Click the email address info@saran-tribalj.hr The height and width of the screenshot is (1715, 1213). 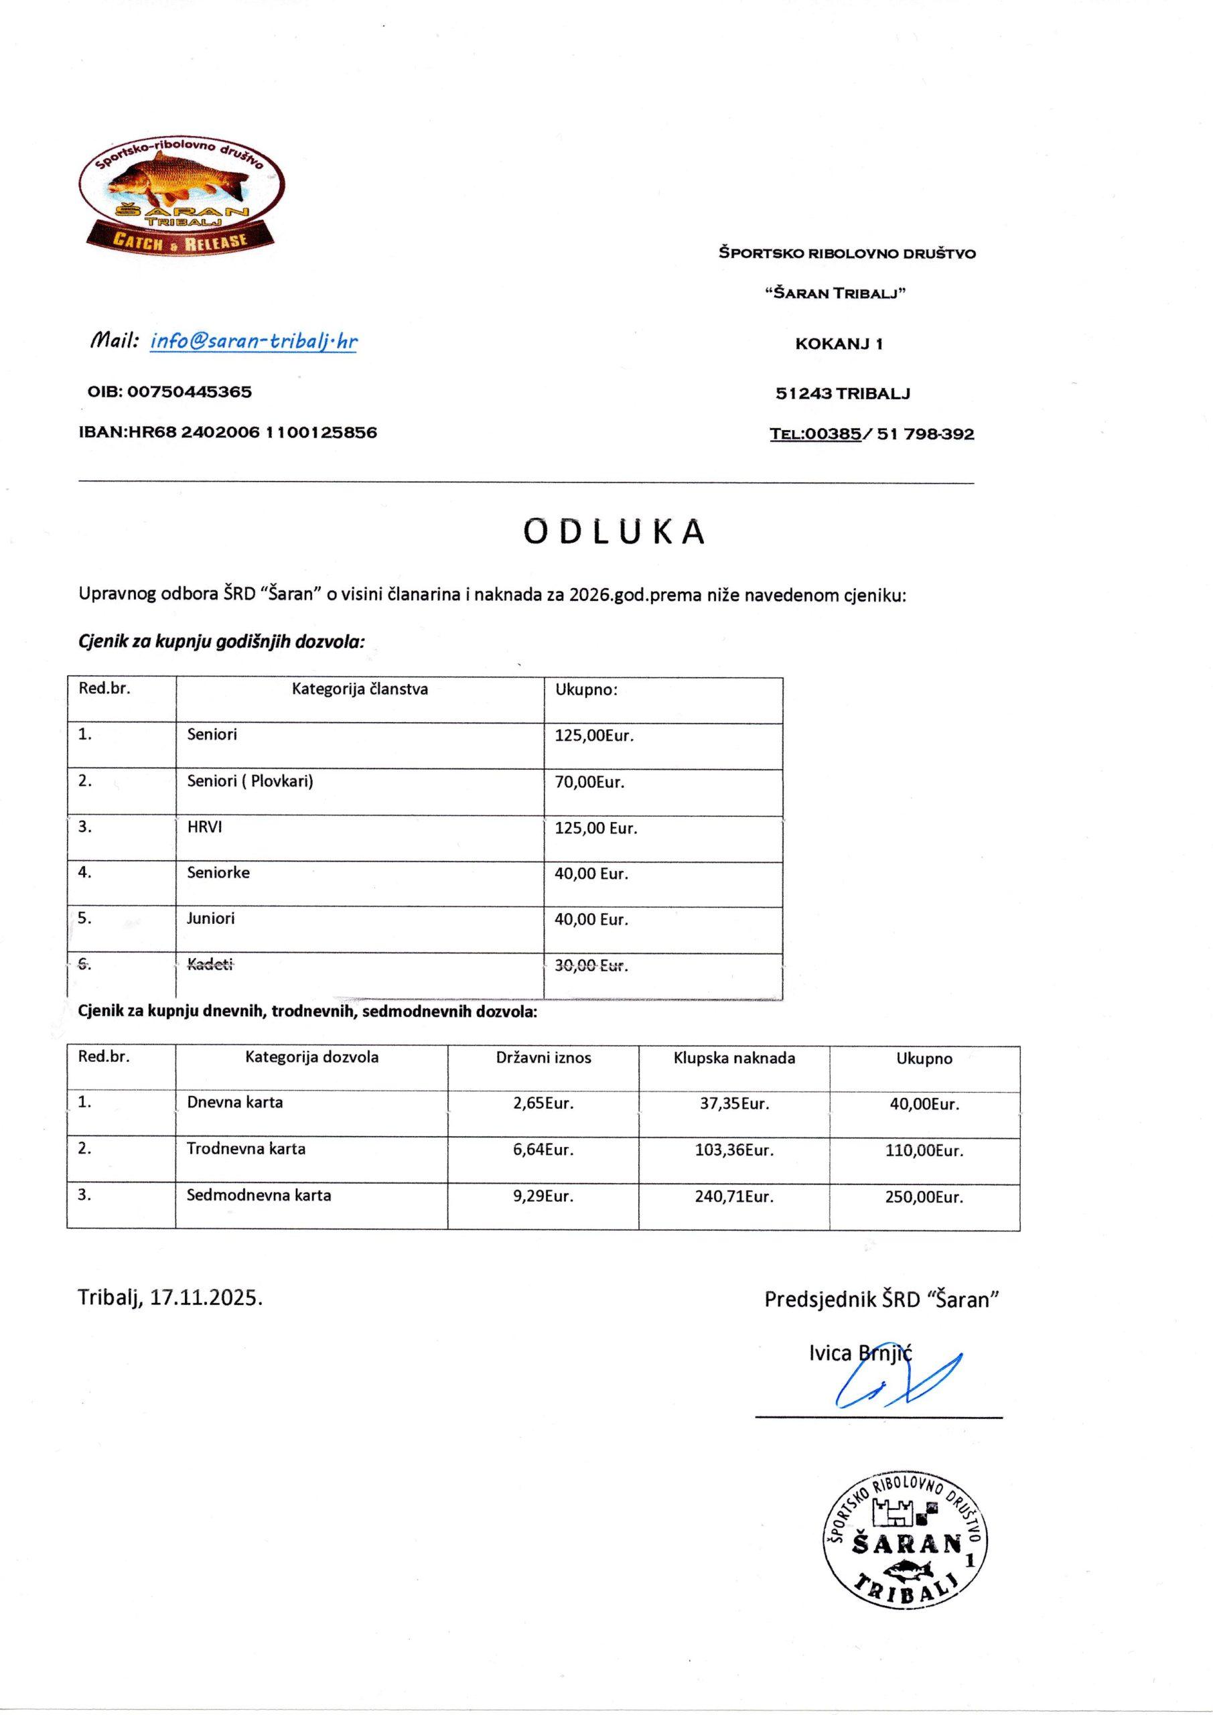point(253,342)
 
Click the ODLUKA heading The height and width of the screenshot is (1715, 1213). point(614,531)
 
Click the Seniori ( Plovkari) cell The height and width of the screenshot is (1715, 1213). point(249,781)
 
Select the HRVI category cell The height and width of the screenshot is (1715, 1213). point(205,827)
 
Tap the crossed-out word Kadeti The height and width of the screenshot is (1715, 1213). point(210,965)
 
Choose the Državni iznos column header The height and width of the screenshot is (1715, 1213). point(543,1058)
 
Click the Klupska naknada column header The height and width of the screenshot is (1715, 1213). point(733,1058)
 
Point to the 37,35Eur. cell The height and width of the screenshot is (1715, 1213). point(733,1103)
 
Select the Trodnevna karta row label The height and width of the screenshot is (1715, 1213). point(246,1149)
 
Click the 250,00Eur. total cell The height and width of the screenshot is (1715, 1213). point(926,1196)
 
